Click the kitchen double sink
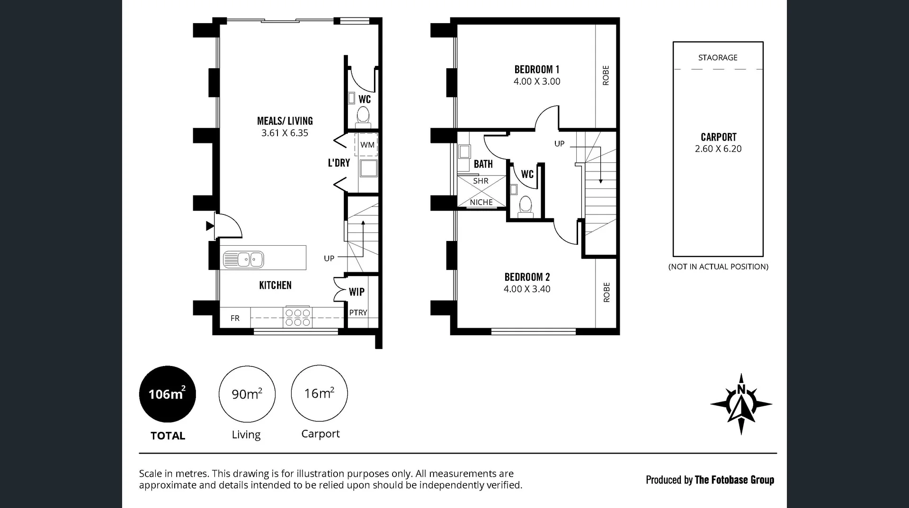(x=243, y=259)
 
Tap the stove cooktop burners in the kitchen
(x=297, y=318)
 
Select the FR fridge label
(x=235, y=318)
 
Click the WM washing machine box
(x=367, y=145)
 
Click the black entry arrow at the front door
(x=210, y=226)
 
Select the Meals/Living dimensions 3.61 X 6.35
(x=285, y=133)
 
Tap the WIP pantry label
(x=356, y=292)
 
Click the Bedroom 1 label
(x=537, y=69)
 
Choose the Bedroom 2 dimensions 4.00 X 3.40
(x=527, y=289)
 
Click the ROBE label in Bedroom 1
(x=606, y=75)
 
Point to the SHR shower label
(x=481, y=181)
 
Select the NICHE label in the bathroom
(x=481, y=202)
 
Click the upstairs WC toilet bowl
(x=526, y=205)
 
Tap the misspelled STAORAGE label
(x=718, y=58)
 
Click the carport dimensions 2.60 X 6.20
(x=718, y=149)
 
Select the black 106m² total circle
(x=167, y=394)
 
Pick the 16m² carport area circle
(x=319, y=393)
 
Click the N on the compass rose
(x=741, y=390)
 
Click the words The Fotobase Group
(x=734, y=480)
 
